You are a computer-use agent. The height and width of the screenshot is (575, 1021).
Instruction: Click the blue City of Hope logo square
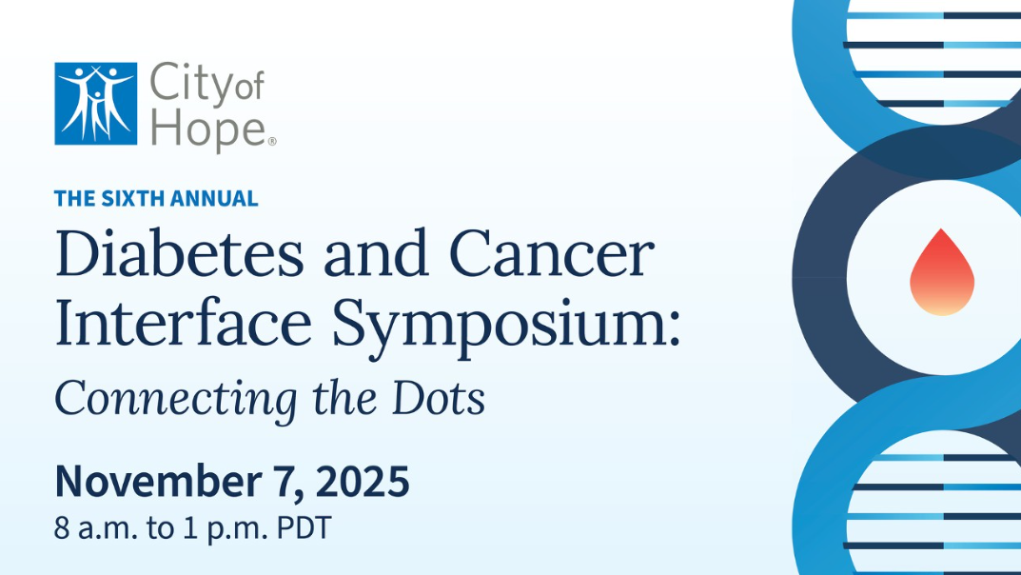point(96,104)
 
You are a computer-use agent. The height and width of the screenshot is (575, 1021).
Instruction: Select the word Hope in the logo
point(208,130)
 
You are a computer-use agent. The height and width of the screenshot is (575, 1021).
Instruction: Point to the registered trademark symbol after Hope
point(272,141)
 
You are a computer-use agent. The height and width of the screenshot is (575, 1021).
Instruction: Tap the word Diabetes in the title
point(180,253)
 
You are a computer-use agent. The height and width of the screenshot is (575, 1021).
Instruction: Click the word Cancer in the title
point(552,253)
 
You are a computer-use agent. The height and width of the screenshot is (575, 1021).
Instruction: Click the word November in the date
point(158,481)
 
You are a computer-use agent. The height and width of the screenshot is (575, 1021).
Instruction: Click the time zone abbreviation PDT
point(304,527)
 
